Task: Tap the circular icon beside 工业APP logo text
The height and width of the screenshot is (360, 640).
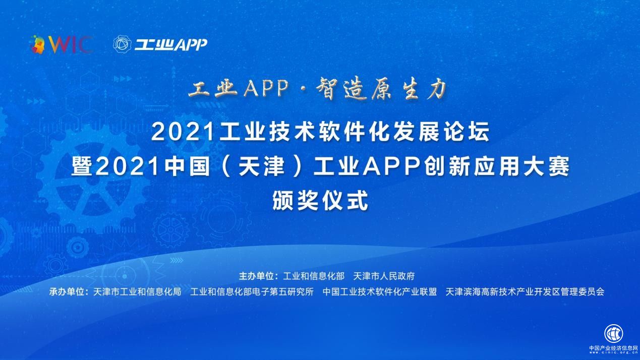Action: (122, 44)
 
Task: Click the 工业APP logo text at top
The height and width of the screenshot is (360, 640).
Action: (170, 45)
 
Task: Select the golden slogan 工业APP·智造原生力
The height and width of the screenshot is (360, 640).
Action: (318, 90)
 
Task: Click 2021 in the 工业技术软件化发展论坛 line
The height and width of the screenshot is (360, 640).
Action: (177, 133)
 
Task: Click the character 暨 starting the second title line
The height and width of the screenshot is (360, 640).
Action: (82, 167)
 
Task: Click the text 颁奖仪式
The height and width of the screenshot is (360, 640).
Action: (320, 201)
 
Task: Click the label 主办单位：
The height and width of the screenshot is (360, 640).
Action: (259, 276)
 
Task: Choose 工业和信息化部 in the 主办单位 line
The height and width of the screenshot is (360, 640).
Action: (314, 276)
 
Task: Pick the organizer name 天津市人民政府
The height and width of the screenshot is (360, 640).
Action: (384, 276)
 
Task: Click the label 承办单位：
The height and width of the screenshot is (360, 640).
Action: (69, 291)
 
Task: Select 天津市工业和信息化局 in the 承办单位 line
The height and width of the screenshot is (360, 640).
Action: (137, 291)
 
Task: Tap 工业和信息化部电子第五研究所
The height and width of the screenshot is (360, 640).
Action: (252, 291)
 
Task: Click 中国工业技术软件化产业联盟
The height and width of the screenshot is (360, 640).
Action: (379, 291)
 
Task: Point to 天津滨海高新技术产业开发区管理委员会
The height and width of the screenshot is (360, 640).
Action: (525, 291)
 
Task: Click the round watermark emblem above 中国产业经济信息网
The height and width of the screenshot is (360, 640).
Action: (614, 333)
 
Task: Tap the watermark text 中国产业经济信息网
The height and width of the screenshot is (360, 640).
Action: (614, 348)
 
